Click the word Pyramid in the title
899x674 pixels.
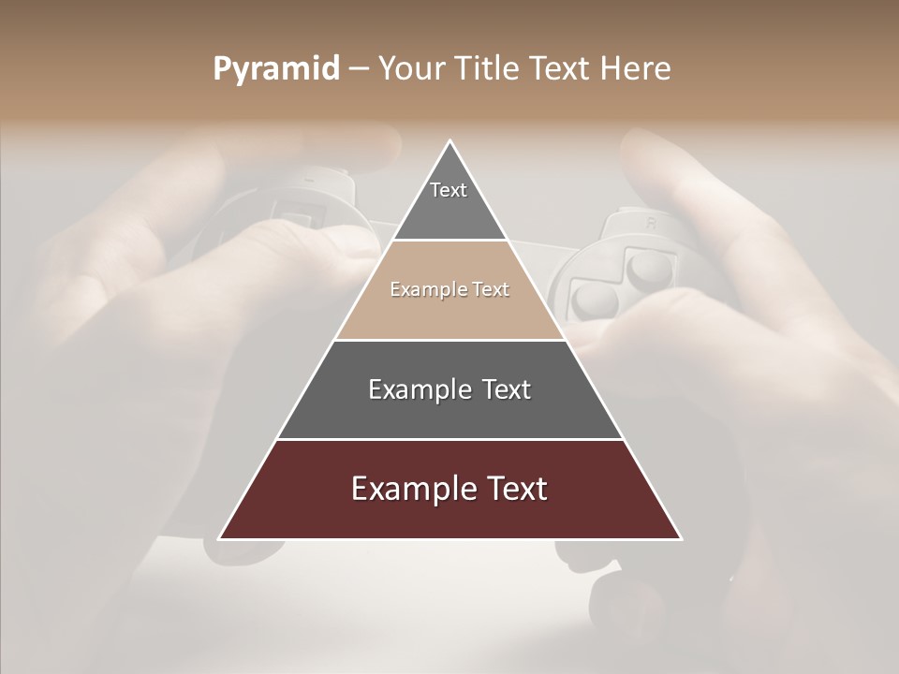point(276,69)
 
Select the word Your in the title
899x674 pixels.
point(415,69)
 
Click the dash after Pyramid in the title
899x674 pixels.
point(359,70)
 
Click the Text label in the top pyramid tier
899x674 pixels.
point(449,190)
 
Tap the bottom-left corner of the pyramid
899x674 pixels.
point(220,538)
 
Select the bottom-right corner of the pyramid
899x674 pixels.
point(681,538)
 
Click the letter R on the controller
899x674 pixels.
point(649,224)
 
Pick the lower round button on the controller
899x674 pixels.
point(593,300)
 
